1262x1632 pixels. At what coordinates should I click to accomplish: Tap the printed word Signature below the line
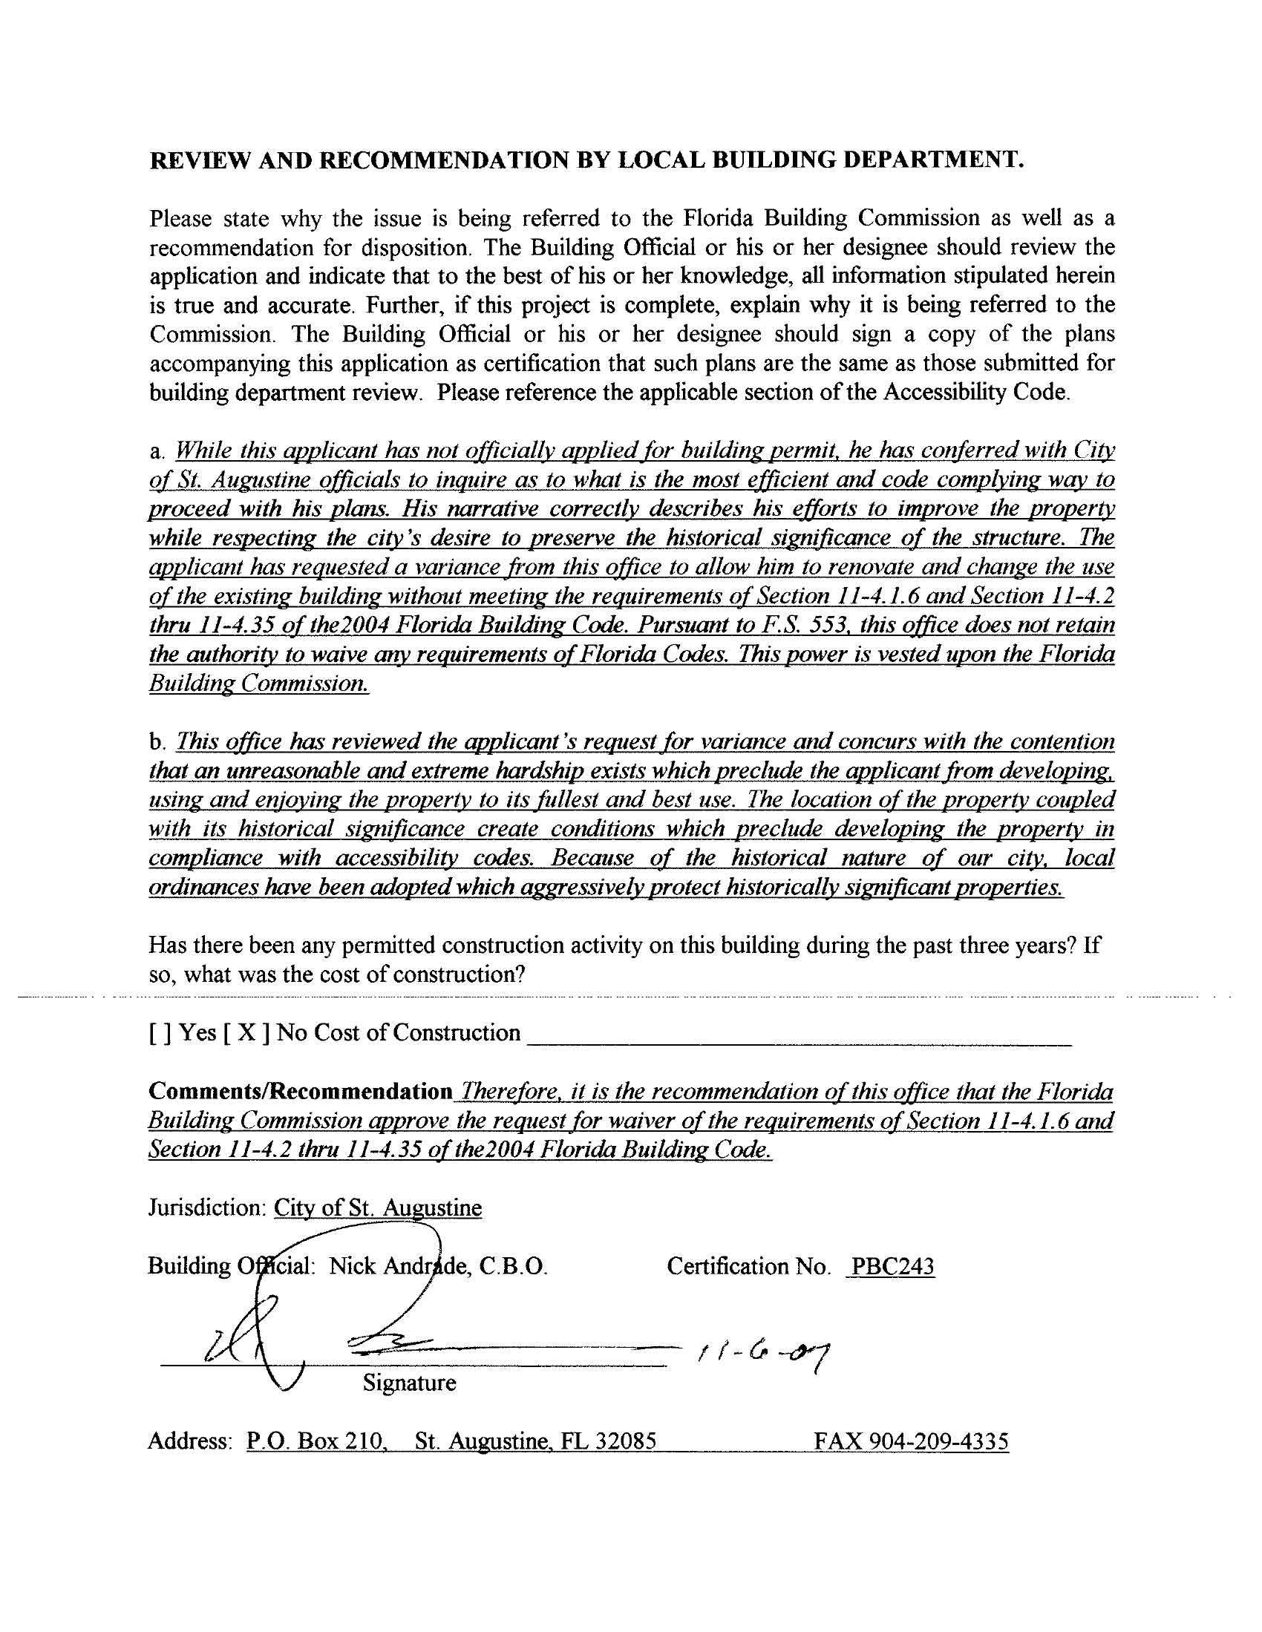pos(409,1383)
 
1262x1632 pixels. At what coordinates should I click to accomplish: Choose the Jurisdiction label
pos(207,1207)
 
